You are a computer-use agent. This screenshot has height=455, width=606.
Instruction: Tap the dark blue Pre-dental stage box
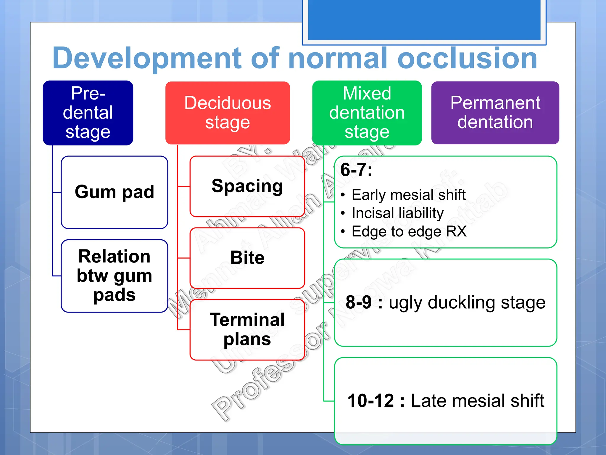point(88,113)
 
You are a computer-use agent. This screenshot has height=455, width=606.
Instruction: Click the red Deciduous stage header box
point(227,113)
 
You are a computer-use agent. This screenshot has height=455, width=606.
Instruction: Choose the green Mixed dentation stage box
point(367,113)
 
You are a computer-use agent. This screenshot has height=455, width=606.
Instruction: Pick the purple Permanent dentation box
point(495,113)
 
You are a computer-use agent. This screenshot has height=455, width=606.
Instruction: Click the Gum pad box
point(114,192)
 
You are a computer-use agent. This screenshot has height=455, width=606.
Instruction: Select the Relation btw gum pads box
point(114,276)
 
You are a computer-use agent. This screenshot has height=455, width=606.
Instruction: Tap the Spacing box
point(247,186)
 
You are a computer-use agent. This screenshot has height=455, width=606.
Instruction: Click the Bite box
point(247,258)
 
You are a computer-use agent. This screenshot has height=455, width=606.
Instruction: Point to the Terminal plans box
point(247,329)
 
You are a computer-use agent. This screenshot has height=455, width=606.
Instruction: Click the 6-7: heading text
point(356,170)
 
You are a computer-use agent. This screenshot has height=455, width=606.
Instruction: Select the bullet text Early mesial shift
point(408,195)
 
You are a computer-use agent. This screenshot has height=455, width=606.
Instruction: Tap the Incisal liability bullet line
point(397,213)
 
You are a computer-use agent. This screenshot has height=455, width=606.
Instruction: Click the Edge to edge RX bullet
point(409,232)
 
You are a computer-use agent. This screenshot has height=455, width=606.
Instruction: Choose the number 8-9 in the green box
point(359,302)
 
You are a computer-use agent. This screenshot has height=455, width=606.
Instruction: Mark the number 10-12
point(370,401)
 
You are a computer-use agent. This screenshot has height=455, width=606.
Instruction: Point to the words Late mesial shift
point(477,401)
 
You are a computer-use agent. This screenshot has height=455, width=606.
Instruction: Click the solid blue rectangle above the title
point(424,19)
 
